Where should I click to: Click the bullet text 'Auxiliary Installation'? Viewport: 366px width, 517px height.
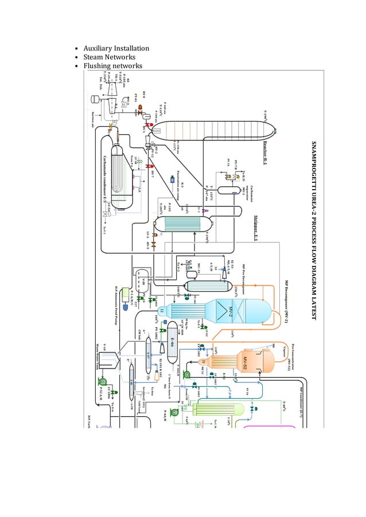[x=116, y=48]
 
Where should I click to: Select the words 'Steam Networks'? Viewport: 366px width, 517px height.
[x=110, y=57]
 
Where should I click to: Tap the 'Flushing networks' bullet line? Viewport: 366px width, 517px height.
[x=113, y=66]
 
